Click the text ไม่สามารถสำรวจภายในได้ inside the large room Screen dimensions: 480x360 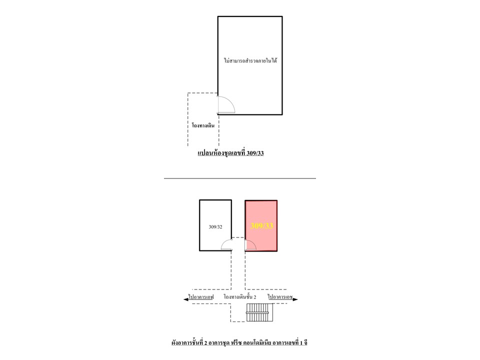click(250, 60)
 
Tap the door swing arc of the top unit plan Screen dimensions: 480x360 click(230, 101)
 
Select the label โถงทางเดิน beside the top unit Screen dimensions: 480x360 click(203, 125)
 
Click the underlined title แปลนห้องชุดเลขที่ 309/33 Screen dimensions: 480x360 click(230, 153)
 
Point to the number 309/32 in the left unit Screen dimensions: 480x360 click(215, 227)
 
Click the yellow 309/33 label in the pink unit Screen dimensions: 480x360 click(261, 226)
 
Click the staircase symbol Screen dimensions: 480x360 click(259, 312)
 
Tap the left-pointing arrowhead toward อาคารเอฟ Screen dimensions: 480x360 click(185, 299)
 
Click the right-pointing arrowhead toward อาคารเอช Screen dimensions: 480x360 click(295, 299)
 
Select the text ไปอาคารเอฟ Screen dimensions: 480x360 click(201, 297)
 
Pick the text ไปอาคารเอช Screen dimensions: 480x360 click(280, 297)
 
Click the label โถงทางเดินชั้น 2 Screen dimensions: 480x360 click(240, 297)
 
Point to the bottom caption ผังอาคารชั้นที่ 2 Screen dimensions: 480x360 click(187, 343)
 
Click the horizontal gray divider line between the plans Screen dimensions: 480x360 click(239, 178)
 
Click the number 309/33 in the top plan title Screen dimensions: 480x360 click(255, 153)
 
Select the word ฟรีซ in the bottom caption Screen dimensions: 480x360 click(236, 343)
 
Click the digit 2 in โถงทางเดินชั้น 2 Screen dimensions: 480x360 click(254, 297)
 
